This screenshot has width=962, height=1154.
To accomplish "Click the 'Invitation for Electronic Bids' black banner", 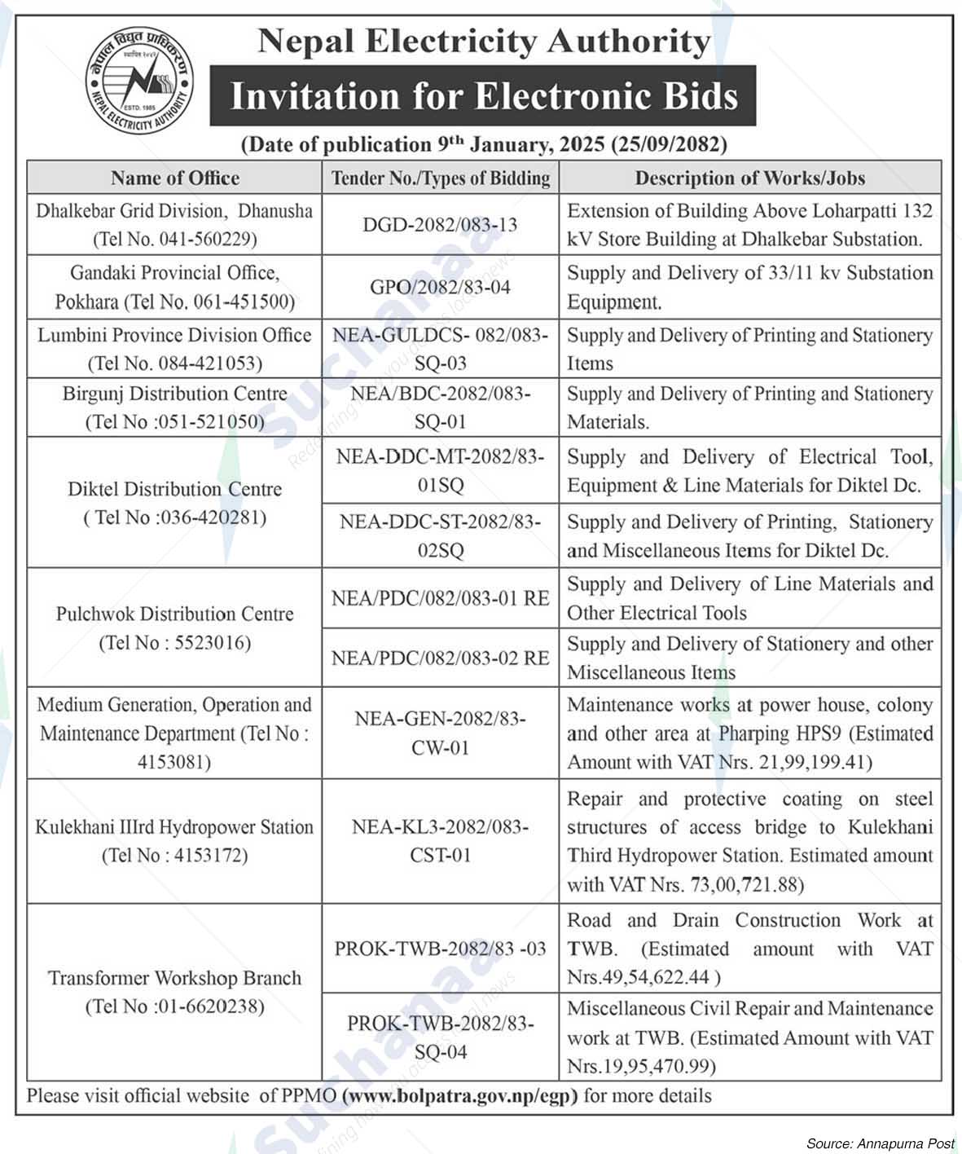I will click(x=483, y=96).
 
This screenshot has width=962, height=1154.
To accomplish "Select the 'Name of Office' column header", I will click(x=175, y=178).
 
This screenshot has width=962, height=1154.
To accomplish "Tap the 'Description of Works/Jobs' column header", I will click(x=749, y=178).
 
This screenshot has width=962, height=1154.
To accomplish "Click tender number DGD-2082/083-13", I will click(x=440, y=225).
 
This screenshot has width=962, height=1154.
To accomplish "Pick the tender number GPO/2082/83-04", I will click(x=440, y=287).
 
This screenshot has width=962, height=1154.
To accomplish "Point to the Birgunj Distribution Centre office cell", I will click(x=175, y=407).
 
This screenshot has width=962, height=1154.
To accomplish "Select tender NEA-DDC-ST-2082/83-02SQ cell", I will click(x=440, y=535).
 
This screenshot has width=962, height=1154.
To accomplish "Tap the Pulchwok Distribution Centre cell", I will click(x=175, y=628).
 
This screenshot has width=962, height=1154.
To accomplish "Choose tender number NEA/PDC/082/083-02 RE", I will click(x=440, y=658).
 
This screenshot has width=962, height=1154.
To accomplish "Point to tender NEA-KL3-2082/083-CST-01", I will click(x=440, y=841).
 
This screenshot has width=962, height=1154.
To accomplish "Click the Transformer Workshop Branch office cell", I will click(x=175, y=992).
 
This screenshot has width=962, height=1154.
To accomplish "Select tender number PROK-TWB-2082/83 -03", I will click(x=440, y=949).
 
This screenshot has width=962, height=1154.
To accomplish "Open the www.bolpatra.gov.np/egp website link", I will click(x=461, y=1096).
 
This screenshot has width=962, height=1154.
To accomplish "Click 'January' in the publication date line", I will click(x=510, y=145).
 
